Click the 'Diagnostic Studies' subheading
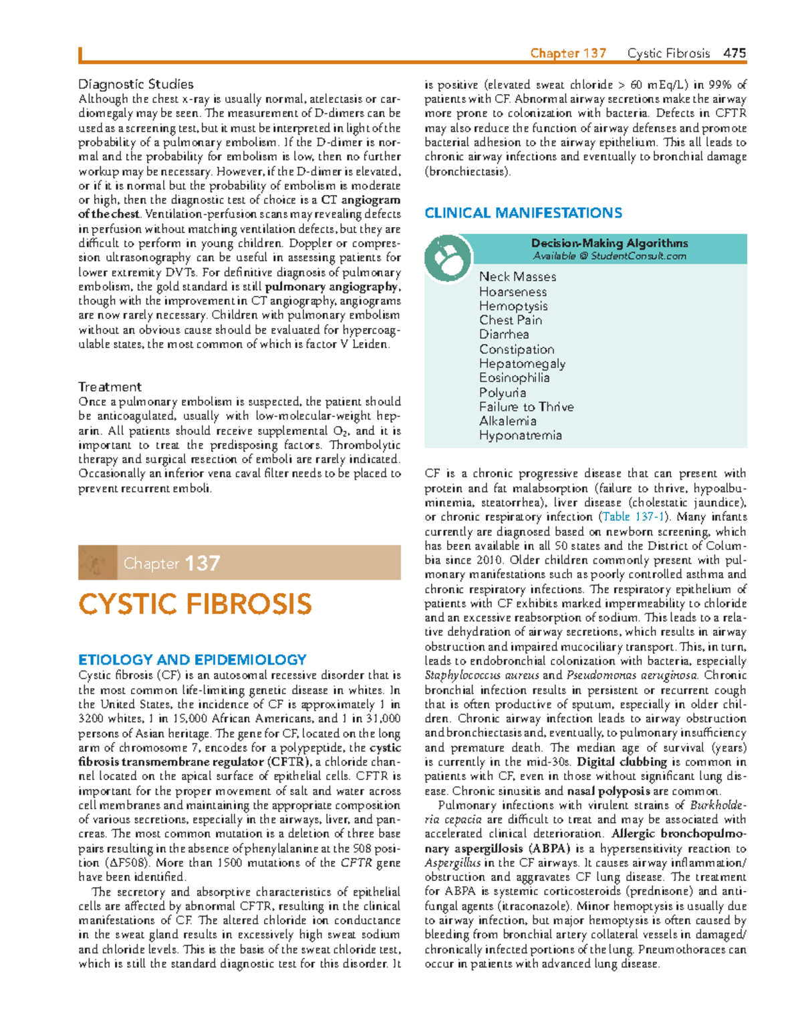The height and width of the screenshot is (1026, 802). coord(136,84)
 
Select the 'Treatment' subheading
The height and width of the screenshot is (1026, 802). coord(110,387)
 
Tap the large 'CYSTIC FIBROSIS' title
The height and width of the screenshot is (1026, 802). coord(194,605)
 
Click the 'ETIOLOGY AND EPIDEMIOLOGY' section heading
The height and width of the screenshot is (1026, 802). coord(192,659)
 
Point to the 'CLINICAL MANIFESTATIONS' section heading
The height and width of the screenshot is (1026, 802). coord(523,213)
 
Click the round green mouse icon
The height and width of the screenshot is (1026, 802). coord(448,258)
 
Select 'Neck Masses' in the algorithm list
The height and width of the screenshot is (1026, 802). coord(517,277)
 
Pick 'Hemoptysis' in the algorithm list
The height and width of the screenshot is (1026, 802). coord(513,306)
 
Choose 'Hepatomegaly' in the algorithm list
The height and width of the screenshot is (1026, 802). coord(522,363)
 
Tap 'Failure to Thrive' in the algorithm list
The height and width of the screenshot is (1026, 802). coord(526,407)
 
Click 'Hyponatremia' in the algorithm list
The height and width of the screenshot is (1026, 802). coord(520,436)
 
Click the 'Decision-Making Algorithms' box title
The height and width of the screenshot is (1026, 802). coord(609,243)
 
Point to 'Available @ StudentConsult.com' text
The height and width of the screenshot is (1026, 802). coord(609,256)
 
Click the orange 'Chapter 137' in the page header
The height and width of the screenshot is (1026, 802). coord(568,53)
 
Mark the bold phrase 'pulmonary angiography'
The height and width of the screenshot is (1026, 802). coord(331,287)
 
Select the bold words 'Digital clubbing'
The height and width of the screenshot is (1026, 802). coord(622,762)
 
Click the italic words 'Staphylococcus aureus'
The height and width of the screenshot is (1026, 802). coord(481,675)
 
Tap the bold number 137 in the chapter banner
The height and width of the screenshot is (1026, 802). coord(202,563)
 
